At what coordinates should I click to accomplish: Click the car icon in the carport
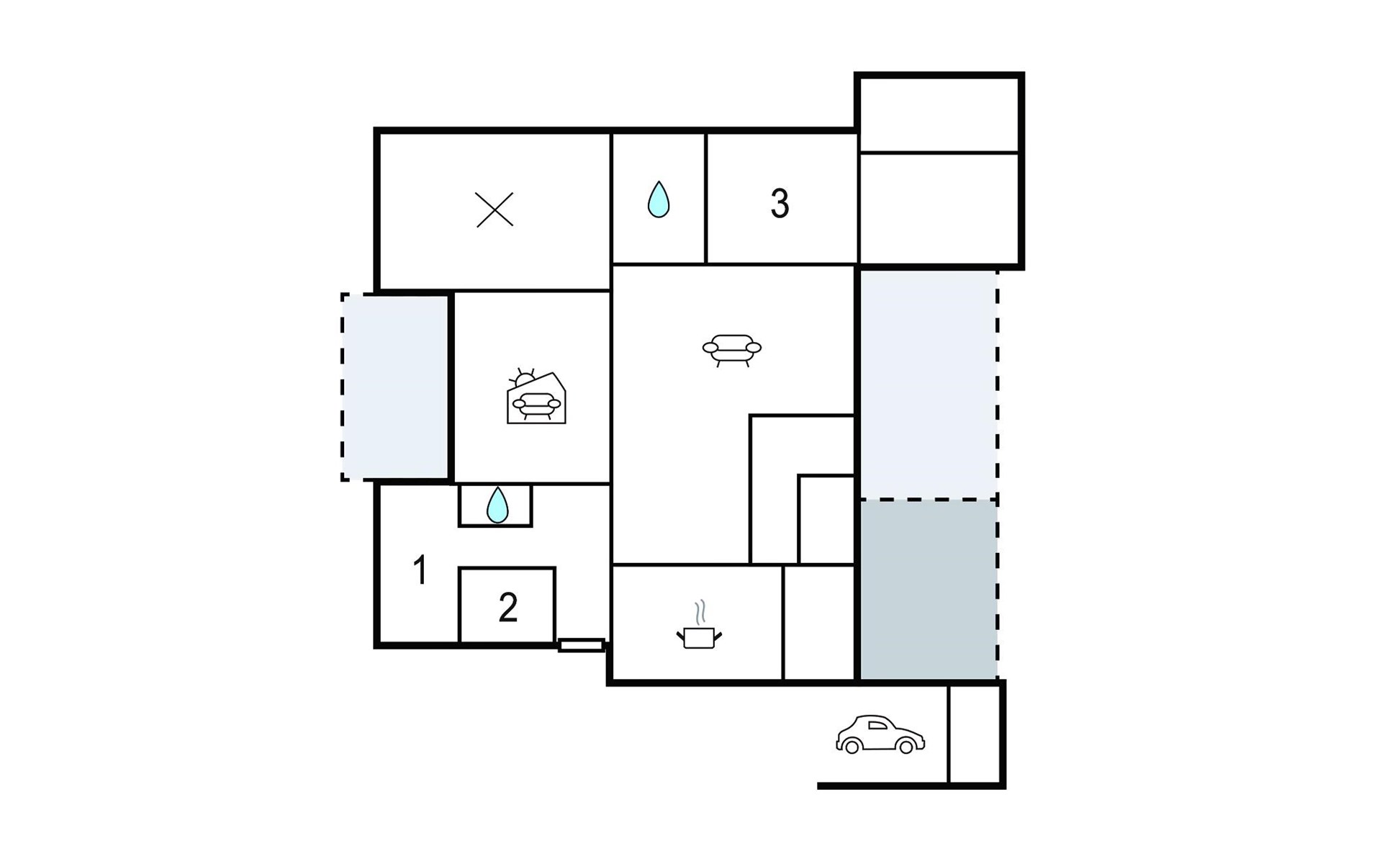tap(880, 735)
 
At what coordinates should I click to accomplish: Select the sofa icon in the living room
tap(731, 350)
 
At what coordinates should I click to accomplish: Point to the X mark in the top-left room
tap(494, 210)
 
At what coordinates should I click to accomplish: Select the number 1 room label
tap(420, 570)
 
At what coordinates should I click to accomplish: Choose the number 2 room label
tap(508, 608)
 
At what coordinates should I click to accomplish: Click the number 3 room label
tap(780, 204)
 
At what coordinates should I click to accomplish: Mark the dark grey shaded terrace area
tap(929, 589)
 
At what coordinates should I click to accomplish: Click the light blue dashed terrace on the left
tap(394, 387)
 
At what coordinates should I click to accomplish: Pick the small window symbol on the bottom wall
tap(581, 645)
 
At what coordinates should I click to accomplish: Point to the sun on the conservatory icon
tap(523, 377)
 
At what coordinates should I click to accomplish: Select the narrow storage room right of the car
tap(975, 734)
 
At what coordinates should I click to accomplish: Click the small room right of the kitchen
tap(818, 622)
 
